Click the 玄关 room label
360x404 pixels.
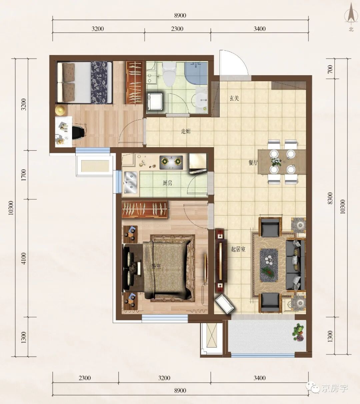(234, 98)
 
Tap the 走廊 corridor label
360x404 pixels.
(186, 132)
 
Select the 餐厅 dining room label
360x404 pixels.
(253, 163)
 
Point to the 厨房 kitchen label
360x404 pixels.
(167, 183)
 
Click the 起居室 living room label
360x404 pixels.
(238, 249)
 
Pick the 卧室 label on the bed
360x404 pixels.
(156, 266)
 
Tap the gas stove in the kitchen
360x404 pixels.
(171, 163)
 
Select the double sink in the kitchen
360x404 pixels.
(131, 183)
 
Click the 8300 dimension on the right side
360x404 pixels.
(330, 198)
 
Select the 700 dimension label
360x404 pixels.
(330, 69)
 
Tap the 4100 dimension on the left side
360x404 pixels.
(24, 258)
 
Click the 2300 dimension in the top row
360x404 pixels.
(177, 29)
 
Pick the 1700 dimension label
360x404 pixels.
(24, 175)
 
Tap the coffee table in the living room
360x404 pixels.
(269, 265)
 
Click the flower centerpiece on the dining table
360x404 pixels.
(276, 161)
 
